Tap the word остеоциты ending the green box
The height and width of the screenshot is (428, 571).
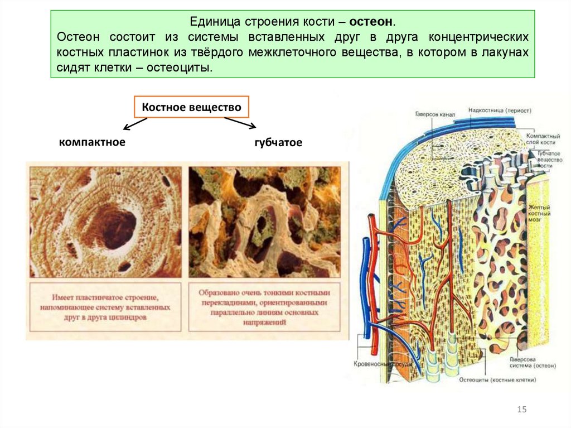pos(187,68)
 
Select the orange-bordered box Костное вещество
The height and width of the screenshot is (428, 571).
pos(191,107)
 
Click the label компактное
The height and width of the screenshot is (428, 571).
pos(92,142)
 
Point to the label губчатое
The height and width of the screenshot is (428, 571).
pos(278,143)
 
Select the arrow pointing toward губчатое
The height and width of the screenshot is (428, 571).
pos(240,122)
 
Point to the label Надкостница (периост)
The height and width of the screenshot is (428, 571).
pos(499,110)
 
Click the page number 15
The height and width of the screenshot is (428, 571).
pos(522,410)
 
